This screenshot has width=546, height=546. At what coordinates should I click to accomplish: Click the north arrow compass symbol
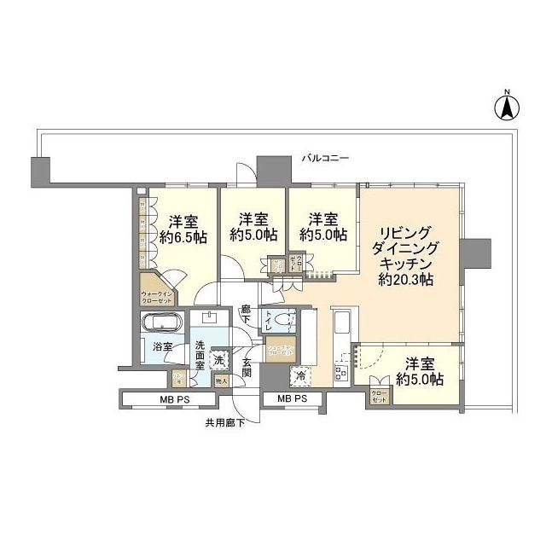506,107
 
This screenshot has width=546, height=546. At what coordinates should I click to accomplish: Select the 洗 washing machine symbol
218,360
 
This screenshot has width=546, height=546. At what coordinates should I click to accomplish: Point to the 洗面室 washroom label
199,352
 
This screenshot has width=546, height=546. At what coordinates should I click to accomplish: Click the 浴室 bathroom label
162,347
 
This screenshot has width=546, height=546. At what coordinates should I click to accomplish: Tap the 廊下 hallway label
246,314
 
